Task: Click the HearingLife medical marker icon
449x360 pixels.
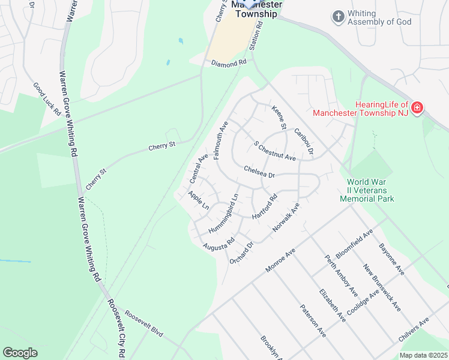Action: tap(417, 109)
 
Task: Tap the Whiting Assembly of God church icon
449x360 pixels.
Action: tap(339, 17)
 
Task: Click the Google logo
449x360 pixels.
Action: tap(20, 353)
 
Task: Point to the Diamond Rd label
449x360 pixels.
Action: tap(229, 62)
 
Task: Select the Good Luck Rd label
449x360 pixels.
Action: tap(47, 100)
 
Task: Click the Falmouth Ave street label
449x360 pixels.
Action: tap(221, 139)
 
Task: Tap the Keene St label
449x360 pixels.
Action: tap(279, 118)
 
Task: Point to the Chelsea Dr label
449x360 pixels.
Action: tap(259, 172)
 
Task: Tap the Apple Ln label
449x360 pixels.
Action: tap(198, 200)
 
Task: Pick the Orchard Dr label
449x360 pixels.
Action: tap(242, 253)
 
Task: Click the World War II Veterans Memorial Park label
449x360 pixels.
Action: tap(367, 190)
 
